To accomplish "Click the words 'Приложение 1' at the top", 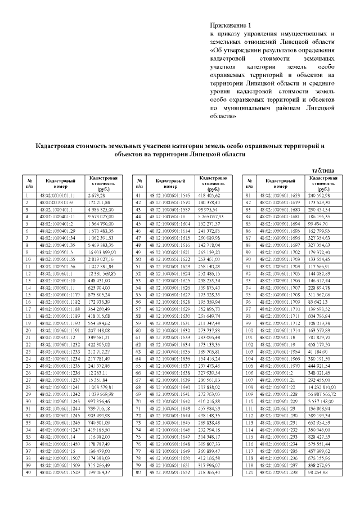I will [229, 26].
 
